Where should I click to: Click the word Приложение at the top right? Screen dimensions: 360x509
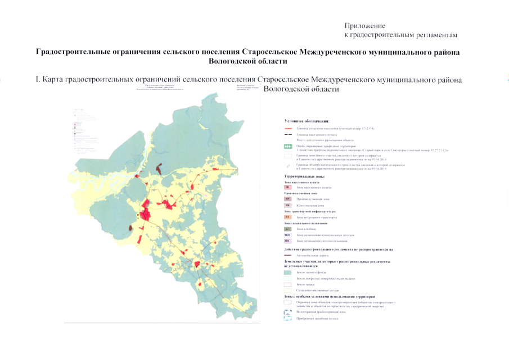click(x=364, y=26)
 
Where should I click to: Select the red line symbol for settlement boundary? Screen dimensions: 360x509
click(x=288, y=129)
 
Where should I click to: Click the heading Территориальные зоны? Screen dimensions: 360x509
click(x=305, y=177)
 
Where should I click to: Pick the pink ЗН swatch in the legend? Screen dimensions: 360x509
click(x=288, y=187)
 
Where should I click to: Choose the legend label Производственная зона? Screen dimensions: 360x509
click(x=312, y=199)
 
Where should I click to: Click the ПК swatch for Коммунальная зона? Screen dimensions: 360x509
click(x=288, y=206)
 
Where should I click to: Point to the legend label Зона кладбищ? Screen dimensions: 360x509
click(x=306, y=229)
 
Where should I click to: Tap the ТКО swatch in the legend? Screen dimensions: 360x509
click(x=288, y=235)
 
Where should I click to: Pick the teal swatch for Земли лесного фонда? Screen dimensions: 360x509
click(x=288, y=272)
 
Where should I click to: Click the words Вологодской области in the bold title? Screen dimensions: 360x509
click(x=248, y=61)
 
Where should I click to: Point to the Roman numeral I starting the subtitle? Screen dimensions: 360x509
click(x=37, y=80)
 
